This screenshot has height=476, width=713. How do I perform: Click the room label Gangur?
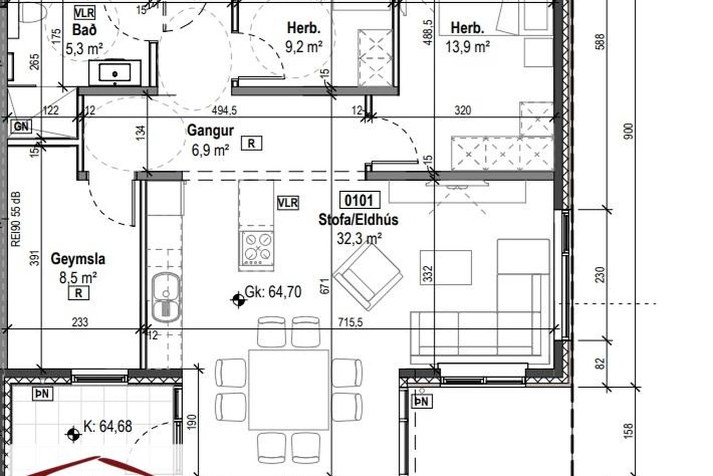211,131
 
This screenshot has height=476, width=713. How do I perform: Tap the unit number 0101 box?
360,200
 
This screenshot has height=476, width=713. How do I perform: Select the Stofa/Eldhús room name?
358,220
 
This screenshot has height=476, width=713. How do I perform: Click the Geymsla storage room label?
78,259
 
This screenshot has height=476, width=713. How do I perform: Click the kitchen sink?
166,297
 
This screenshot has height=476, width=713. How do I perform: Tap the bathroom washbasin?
115,72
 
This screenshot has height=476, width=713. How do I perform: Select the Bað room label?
84,30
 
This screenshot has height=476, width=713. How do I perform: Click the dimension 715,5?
350,322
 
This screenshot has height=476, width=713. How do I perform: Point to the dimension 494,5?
224,110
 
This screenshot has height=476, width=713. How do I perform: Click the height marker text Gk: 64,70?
273,292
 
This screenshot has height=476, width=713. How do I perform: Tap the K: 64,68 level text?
107,426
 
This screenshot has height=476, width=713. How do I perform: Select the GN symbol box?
21,126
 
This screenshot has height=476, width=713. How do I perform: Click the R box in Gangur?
251,143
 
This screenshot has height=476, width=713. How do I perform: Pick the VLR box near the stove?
288,203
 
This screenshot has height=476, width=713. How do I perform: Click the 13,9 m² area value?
467,47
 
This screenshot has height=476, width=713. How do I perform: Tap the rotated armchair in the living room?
367,276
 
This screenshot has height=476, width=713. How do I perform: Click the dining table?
288,390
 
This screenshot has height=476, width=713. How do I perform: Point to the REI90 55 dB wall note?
15,219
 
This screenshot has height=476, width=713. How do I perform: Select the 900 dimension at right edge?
629,131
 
